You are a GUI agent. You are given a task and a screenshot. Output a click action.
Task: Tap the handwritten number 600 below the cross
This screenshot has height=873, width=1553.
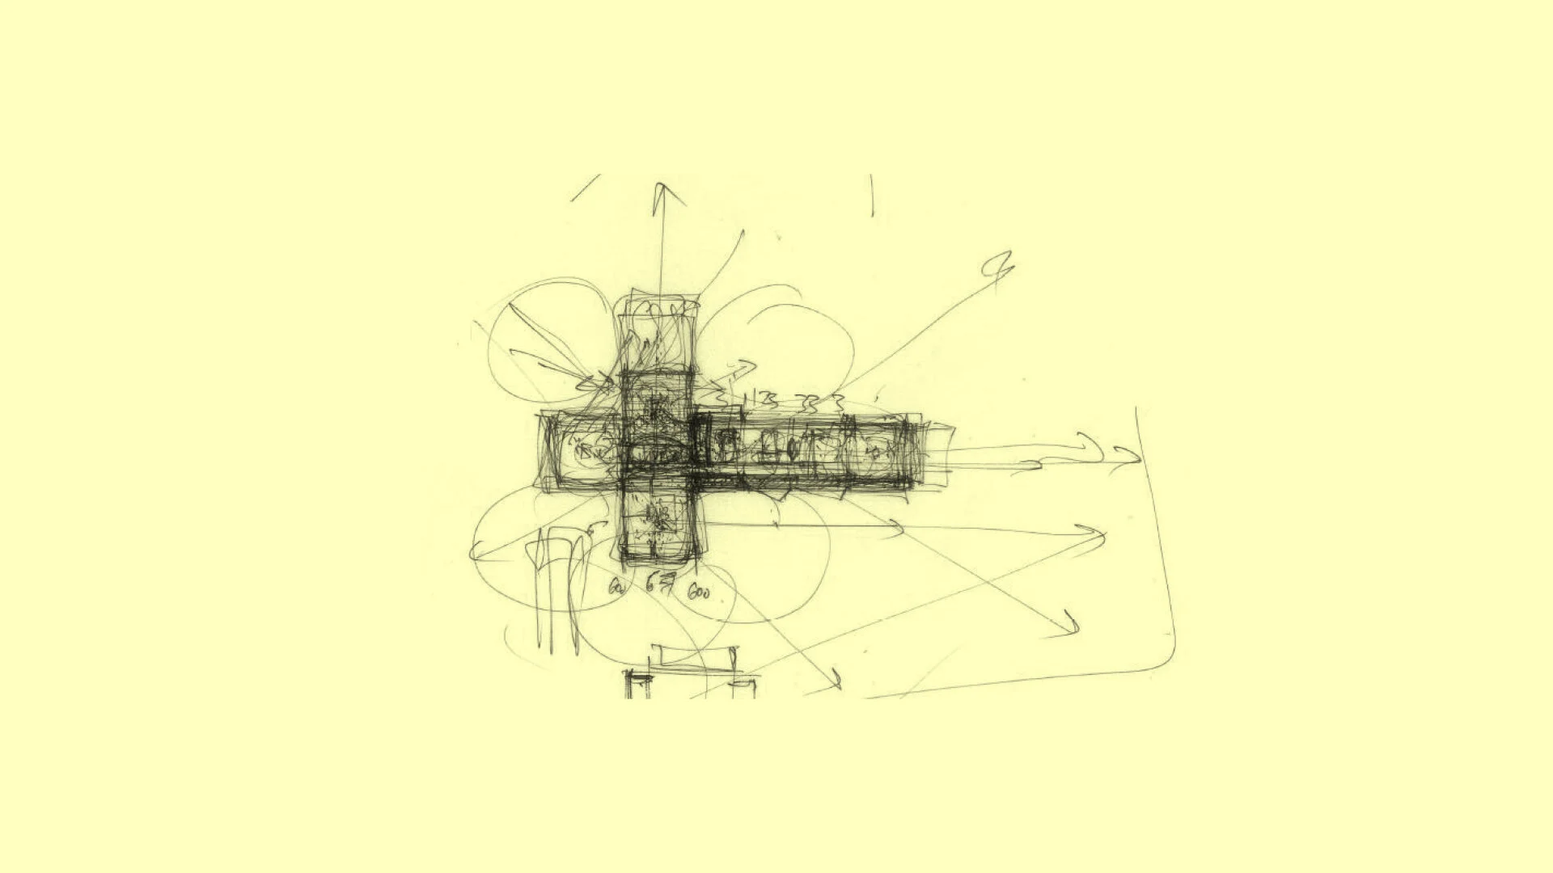698,593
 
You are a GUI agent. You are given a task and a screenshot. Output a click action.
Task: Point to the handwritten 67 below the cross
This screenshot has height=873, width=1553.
660,583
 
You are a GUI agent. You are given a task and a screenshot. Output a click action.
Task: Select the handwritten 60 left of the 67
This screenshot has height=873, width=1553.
616,588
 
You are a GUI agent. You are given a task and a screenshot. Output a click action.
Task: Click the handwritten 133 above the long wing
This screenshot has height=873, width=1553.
760,399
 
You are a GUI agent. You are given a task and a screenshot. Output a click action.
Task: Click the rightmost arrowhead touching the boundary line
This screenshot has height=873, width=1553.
1128,457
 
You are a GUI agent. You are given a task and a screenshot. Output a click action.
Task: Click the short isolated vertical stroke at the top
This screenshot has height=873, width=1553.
872,196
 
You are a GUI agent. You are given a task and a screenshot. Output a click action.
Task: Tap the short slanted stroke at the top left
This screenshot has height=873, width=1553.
585,188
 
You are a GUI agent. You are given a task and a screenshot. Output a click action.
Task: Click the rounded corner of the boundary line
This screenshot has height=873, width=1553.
1165,659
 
